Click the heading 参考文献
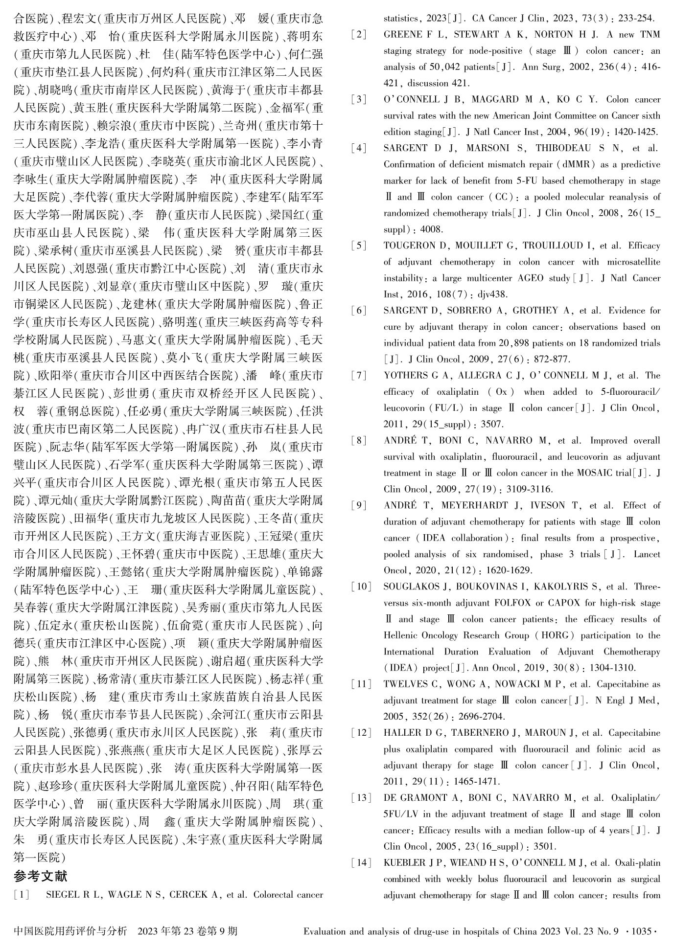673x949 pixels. pos(40,876)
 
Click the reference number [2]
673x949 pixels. pos(358,35)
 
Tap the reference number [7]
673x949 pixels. pos(358,376)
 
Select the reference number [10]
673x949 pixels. pos(361,587)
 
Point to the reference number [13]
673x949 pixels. pos(361,798)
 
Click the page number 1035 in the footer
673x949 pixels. pos(641,931)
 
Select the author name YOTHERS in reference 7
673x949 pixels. pos(405,376)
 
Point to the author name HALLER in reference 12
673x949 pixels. pos(401,733)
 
